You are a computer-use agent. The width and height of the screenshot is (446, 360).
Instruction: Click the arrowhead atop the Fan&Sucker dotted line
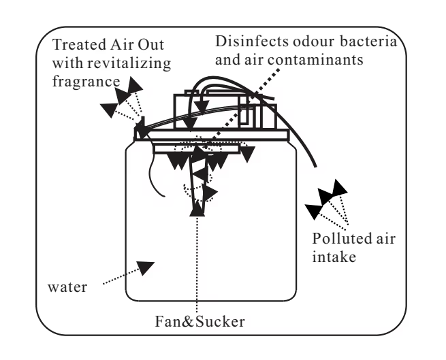(197, 211)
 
